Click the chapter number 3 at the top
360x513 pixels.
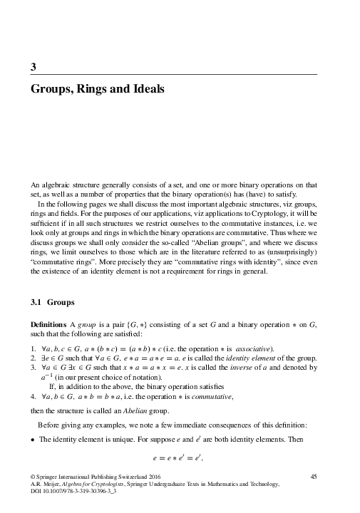click(34, 67)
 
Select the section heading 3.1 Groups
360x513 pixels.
click(48, 302)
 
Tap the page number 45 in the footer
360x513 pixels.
click(322, 475)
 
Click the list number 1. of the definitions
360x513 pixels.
click(33, 348)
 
